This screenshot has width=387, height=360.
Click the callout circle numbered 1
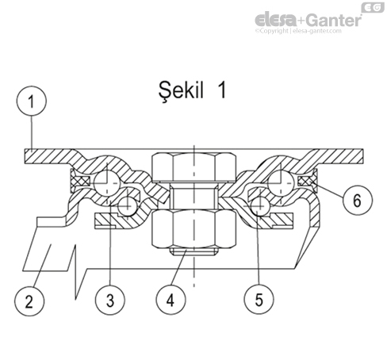tap(31, 102)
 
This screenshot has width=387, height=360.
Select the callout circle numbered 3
tap(109, 301)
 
